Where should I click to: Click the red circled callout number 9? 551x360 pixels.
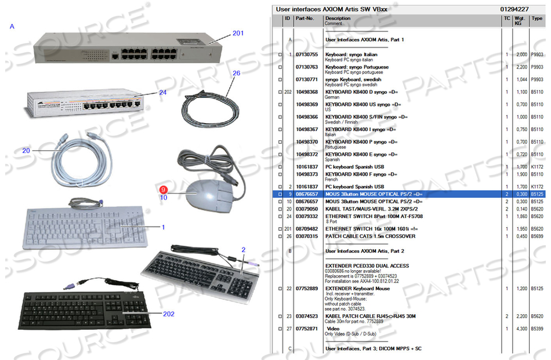[x=164, y=189]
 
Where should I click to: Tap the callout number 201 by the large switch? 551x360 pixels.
[x=238, y=33]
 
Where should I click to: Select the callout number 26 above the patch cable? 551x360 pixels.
[x=236, y=73]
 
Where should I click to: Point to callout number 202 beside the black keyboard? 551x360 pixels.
[x=168, y=314]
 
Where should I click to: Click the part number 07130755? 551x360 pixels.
[x=307, y=54]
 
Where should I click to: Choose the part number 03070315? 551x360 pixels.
[x=307, y=236]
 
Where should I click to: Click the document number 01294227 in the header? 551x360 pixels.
[x=514, y=9]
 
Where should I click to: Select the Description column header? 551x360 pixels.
[x=338, y=18]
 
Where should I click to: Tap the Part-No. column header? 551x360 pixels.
[x=304, y=18]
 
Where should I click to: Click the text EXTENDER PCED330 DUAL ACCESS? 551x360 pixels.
[x=367, y=266]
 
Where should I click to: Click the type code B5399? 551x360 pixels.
[x=538, y=328]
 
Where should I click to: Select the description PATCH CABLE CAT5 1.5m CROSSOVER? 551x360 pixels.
[x=370, y=236]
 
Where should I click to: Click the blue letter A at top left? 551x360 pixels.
[x=12, y=26]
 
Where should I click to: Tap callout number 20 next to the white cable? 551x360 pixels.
[x=26, y=150]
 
